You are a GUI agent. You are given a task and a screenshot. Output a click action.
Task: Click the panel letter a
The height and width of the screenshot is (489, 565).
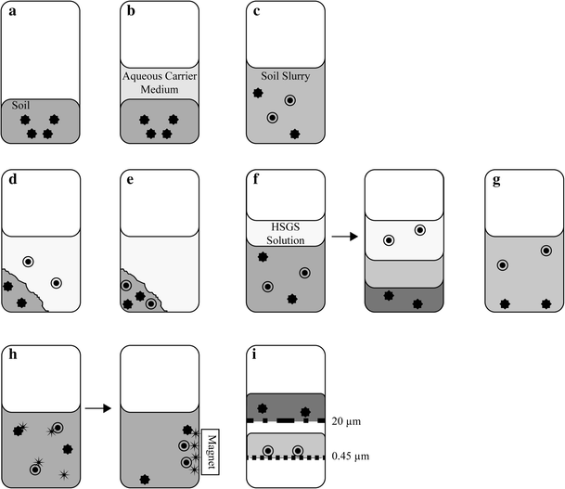[x=13, y=11]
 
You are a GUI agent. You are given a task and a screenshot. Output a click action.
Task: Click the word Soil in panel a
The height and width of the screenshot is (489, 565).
[x=20, y=105]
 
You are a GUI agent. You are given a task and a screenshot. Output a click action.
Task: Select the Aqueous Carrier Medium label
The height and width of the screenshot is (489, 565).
[x=160, y=83]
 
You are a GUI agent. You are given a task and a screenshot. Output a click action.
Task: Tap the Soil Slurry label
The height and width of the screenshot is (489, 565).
[x=286, y=76]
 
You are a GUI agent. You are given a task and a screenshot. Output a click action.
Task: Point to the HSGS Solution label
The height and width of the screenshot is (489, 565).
[x=286, y=234]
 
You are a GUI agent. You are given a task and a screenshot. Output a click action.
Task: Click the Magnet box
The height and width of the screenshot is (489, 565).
[x=211, y=452]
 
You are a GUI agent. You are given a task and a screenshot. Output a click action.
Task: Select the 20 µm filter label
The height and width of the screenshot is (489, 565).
[x=346, y=421]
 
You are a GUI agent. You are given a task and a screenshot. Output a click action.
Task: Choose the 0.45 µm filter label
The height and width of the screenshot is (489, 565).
[x=351, y=457]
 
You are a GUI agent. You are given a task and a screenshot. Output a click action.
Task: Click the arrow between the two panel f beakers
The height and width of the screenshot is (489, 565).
[x=344, y=237]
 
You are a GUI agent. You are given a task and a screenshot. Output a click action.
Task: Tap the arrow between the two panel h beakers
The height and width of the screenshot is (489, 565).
[x=97, y=408]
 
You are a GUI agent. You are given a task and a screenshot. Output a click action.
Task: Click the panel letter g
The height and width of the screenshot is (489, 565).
[x=496, y=180]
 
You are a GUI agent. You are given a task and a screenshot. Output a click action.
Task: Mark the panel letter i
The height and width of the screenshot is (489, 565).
[x=254, y=354]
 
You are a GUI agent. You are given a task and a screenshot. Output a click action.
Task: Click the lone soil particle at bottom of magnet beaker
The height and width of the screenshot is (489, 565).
[x=145, y=480]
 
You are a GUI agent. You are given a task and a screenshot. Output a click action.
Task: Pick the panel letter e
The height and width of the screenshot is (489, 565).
[x=130, y=179]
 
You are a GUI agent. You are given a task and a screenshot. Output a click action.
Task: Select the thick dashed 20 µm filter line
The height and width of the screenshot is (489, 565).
[x=286, y=420]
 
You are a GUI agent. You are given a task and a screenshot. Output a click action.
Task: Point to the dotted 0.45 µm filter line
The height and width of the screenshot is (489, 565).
[x=286, y=457]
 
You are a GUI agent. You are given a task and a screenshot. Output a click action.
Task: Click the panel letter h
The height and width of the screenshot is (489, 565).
[x=13, y=354]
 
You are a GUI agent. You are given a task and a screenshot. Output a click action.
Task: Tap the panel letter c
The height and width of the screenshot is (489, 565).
[x=257, y=11]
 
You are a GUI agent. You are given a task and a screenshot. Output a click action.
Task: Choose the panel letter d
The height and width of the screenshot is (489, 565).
[x=13, y=179]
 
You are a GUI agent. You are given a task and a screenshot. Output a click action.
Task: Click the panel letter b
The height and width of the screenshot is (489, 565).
[x=131, y=11]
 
